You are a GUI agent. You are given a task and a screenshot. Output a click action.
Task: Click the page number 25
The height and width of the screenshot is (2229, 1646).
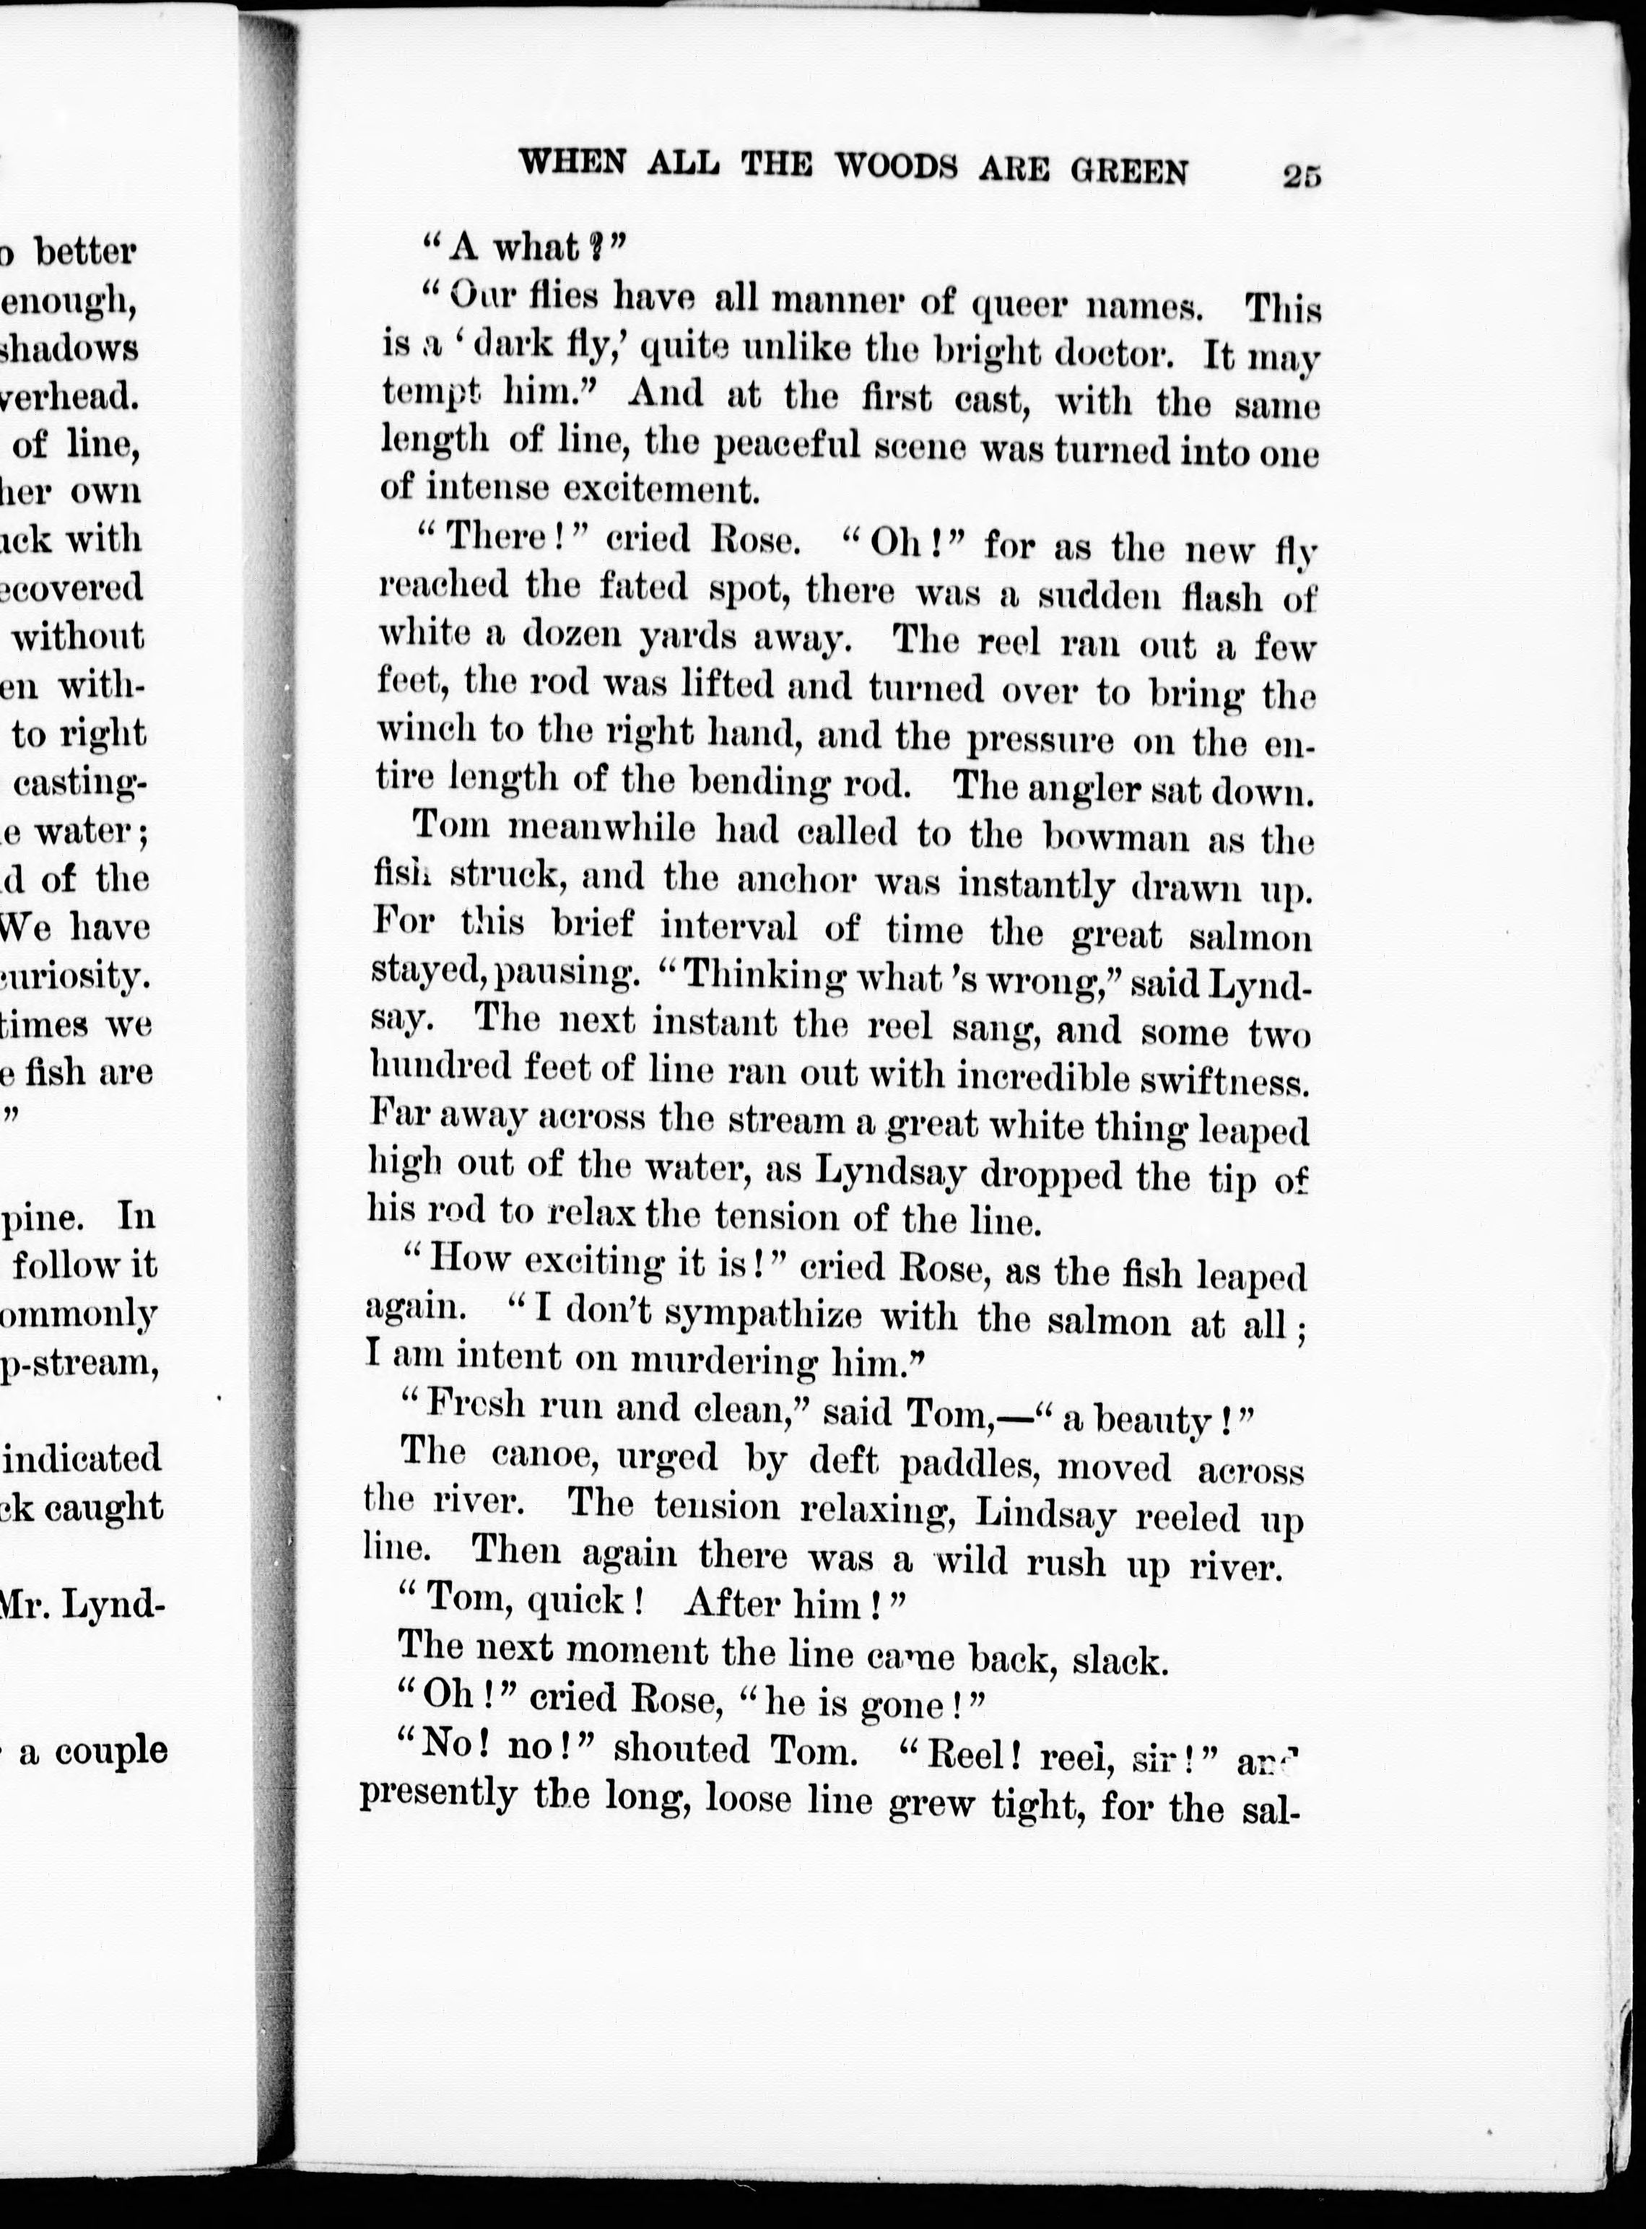tap(1301, 175)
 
